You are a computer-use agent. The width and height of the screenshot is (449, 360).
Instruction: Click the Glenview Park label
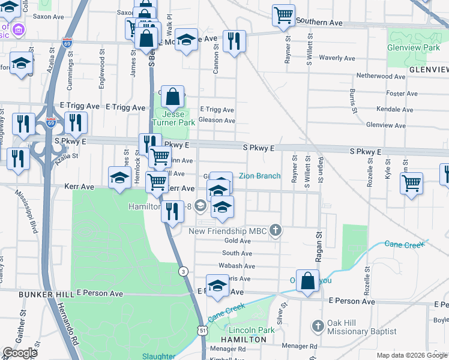(414, 47)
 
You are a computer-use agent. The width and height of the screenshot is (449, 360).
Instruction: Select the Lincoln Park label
(250, 330)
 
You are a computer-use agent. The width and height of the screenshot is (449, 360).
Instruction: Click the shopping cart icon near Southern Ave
(283, 15)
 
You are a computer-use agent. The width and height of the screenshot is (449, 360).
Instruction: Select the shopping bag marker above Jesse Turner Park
(172, 97)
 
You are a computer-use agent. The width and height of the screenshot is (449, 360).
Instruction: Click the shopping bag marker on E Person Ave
(307, 281)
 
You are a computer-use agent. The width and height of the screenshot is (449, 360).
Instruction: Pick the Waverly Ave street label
(338, 58)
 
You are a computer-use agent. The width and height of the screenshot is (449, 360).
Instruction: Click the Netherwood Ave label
(382, 76)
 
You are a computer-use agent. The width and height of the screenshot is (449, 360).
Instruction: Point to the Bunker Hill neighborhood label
(37, 295)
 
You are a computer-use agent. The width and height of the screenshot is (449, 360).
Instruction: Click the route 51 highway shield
(205, 330)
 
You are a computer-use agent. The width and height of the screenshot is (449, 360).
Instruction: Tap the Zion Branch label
(259, 176)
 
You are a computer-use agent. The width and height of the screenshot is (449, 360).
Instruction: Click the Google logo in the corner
(20, 353)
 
